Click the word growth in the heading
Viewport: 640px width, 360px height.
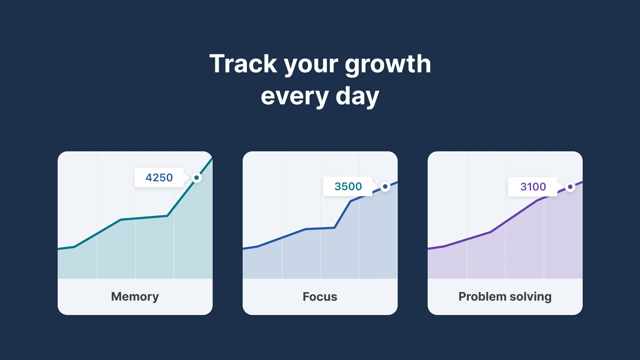pyautogui.click(x=388, y=65)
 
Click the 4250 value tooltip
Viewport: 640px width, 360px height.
pyautogui.click(x=159, y=178)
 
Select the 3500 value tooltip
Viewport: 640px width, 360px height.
pyautogui.click(x=348, y=186)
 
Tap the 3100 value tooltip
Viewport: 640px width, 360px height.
pyautogui.click(x=533, y=187)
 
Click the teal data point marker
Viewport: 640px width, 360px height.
pyautogui.click(x=197, y=178)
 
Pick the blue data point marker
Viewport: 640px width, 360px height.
pyautogui.click(x=385, y=186)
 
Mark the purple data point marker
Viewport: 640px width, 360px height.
pyautogui.click(x=570, y=187)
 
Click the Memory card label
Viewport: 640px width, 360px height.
pyautogui.click(x=135, y=297)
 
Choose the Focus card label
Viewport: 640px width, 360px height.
pyautogui.click(x=320, y=297)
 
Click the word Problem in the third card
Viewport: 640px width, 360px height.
pyautogui.click(x=482, y=297)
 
